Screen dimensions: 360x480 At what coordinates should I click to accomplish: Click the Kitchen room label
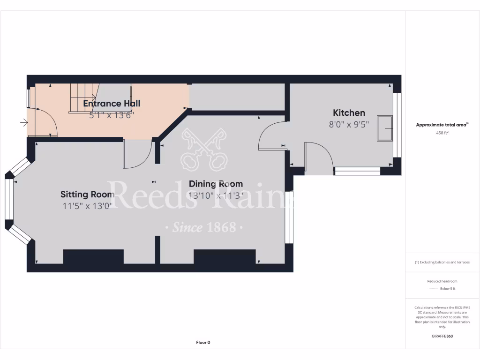coord(349,112)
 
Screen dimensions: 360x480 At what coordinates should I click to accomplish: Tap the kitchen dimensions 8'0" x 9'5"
coord(349,124)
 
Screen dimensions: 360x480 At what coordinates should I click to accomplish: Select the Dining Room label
coord(216,184)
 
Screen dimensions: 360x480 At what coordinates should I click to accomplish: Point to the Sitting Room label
coord(87,194)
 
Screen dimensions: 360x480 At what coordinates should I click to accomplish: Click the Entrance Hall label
coord(112,104)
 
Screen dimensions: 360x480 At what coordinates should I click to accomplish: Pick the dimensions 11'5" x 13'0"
coord(87,206)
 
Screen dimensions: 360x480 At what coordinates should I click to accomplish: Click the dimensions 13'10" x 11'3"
coord(216,195)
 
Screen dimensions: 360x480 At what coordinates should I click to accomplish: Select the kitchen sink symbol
coord(386,128)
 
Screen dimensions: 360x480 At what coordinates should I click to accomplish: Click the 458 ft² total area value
coord(442,133)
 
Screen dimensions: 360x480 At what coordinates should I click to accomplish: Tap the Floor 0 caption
coord(203,342)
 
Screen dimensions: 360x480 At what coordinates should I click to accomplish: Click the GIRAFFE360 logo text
coord(442,336)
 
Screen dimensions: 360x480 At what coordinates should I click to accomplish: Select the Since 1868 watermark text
coord(204,228)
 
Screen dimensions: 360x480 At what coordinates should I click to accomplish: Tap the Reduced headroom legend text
coord(442,281)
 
